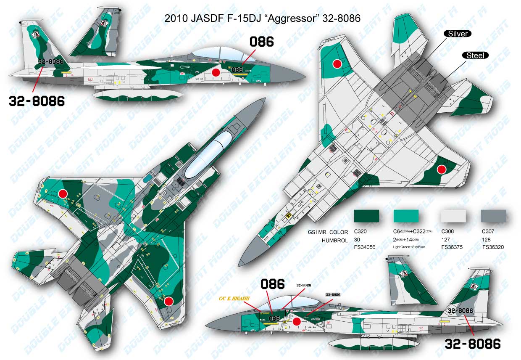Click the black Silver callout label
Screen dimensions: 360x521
pos(458,33)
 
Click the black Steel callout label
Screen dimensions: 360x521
pos(475,55)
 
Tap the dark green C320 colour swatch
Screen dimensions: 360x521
pos(366,216)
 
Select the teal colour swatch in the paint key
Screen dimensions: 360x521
pos(406,216)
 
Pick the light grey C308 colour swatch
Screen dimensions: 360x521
pos(453,216)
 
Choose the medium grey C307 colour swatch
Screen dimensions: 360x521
pos(493,216)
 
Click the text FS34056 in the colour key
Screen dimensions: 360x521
pos(365,247)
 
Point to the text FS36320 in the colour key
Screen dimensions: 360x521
pos(493,247)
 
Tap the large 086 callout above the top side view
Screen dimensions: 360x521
pos(261,42)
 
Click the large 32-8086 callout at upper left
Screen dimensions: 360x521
pos(37,101)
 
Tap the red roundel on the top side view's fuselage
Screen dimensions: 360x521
pos(216,73)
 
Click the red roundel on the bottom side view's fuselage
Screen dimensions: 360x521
pos(296,322)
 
